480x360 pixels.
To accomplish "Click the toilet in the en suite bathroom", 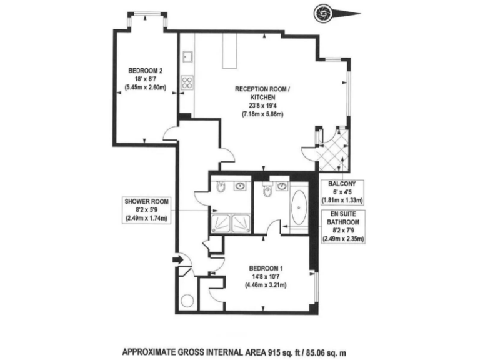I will tap(267, 191).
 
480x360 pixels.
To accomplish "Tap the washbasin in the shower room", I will tap(240, 186).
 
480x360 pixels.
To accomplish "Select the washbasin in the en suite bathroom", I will tap(282, 186).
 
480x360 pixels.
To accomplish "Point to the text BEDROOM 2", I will tap(145, 70).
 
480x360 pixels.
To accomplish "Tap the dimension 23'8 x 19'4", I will tap(261, 106).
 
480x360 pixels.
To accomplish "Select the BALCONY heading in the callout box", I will tap(341, 184).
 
